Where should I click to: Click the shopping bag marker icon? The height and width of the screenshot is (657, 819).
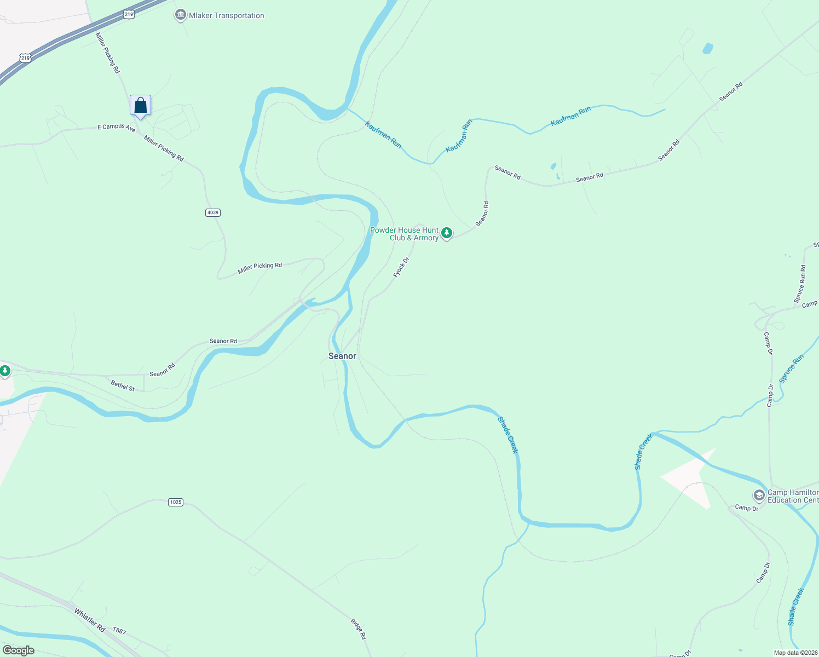[x=141, y=105]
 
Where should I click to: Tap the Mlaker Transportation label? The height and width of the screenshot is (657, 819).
[x=226, y=15]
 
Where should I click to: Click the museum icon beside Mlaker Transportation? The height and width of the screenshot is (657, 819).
[x=180, y=15]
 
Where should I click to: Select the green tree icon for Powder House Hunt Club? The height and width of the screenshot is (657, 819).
[x=447, y=233]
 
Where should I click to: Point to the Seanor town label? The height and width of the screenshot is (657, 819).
[x=342, y=356]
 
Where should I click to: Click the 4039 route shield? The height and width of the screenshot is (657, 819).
[x=213, y=212]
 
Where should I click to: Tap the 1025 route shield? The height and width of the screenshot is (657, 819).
[x=175, y=502]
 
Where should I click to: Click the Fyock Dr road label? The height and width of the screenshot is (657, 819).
[x=401, y=267]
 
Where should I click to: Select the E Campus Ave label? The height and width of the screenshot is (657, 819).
[x=116, y=127]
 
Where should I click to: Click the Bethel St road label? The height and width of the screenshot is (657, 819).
[x=123, y=386]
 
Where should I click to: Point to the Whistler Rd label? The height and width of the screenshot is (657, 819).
[x=89, y=620]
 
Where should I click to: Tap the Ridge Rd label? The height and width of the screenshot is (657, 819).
[x=358, y=629]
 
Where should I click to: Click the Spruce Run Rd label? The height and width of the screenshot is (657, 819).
[x=800, y=284]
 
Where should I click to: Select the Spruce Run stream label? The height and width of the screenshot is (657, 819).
[x=791, y=368]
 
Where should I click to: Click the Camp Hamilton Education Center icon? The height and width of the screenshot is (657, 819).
[x=759, y=496]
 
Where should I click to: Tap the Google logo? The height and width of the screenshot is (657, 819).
[x=19, y=650]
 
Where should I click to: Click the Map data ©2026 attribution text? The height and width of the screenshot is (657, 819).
[x=794, y=653]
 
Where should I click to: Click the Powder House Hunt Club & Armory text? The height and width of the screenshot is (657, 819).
[x=404, y=234]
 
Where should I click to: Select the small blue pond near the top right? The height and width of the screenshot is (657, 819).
[x=708, y=48]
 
